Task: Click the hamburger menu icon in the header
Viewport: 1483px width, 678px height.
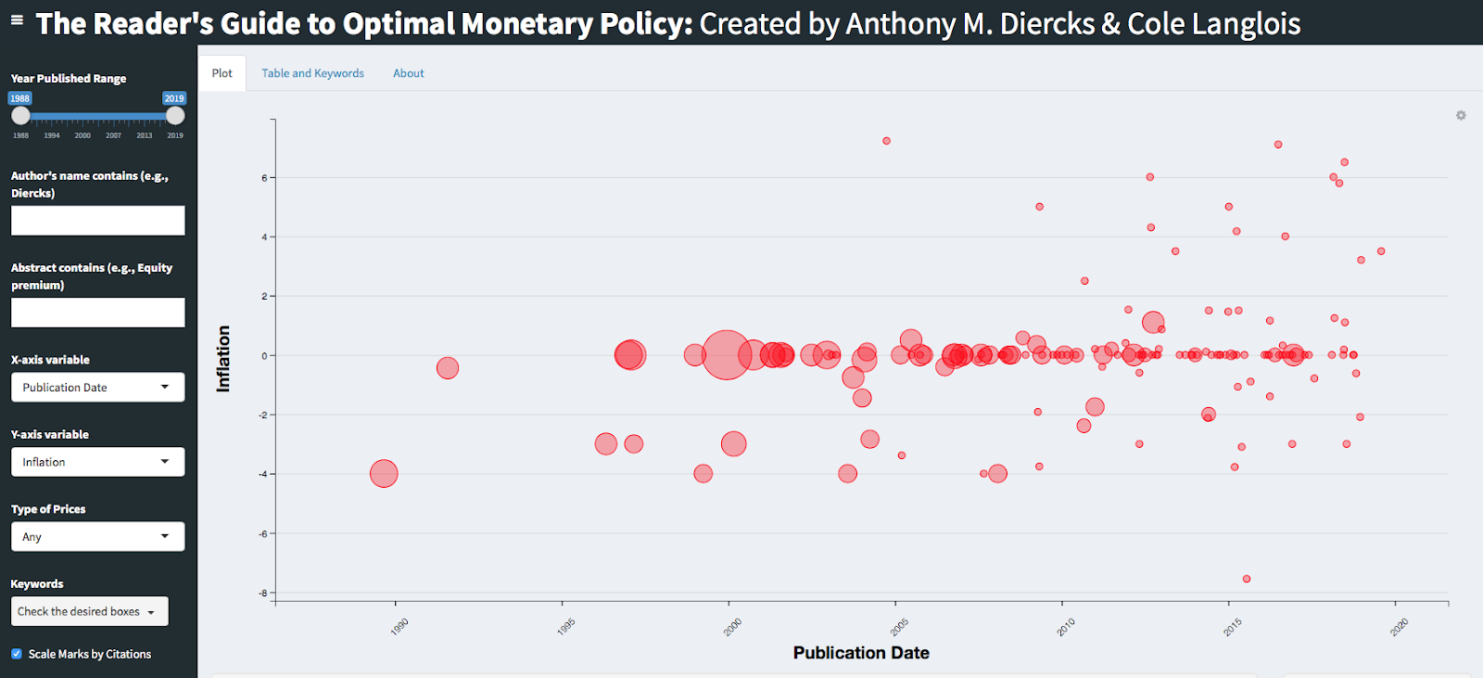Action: coord(17,19)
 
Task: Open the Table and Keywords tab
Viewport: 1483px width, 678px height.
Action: coord(312,73)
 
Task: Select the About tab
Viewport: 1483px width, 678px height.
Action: coord(408,73)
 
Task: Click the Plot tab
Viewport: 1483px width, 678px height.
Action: coord(222,73)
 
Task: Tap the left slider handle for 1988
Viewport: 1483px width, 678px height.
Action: coord(20,116)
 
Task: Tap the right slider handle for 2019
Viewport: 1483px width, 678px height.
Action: coord(175,116)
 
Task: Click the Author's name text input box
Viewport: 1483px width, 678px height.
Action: coord(97,221)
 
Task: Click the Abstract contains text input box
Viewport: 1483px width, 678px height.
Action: coord(97,313)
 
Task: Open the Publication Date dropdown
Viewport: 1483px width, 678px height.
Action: coord(97,388)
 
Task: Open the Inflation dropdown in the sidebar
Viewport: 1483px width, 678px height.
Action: coord(97,462)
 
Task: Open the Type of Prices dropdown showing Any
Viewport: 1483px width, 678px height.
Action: coord(97,537)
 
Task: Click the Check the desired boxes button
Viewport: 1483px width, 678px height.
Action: coord(89,612)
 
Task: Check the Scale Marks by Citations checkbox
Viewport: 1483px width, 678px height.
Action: coord(17,654)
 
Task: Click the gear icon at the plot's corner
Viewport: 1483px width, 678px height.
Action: coord(1461,116)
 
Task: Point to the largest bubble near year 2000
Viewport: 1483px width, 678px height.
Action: coord(726,354)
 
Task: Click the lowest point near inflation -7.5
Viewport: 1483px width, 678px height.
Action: coord(1247,579)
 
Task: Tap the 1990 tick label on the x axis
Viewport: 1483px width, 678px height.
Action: coord(399,627)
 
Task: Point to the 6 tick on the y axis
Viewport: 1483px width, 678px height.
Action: coord(264,178)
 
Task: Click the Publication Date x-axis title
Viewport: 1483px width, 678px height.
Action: coord(861,653)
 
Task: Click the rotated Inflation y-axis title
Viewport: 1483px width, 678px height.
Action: coord(223,359)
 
